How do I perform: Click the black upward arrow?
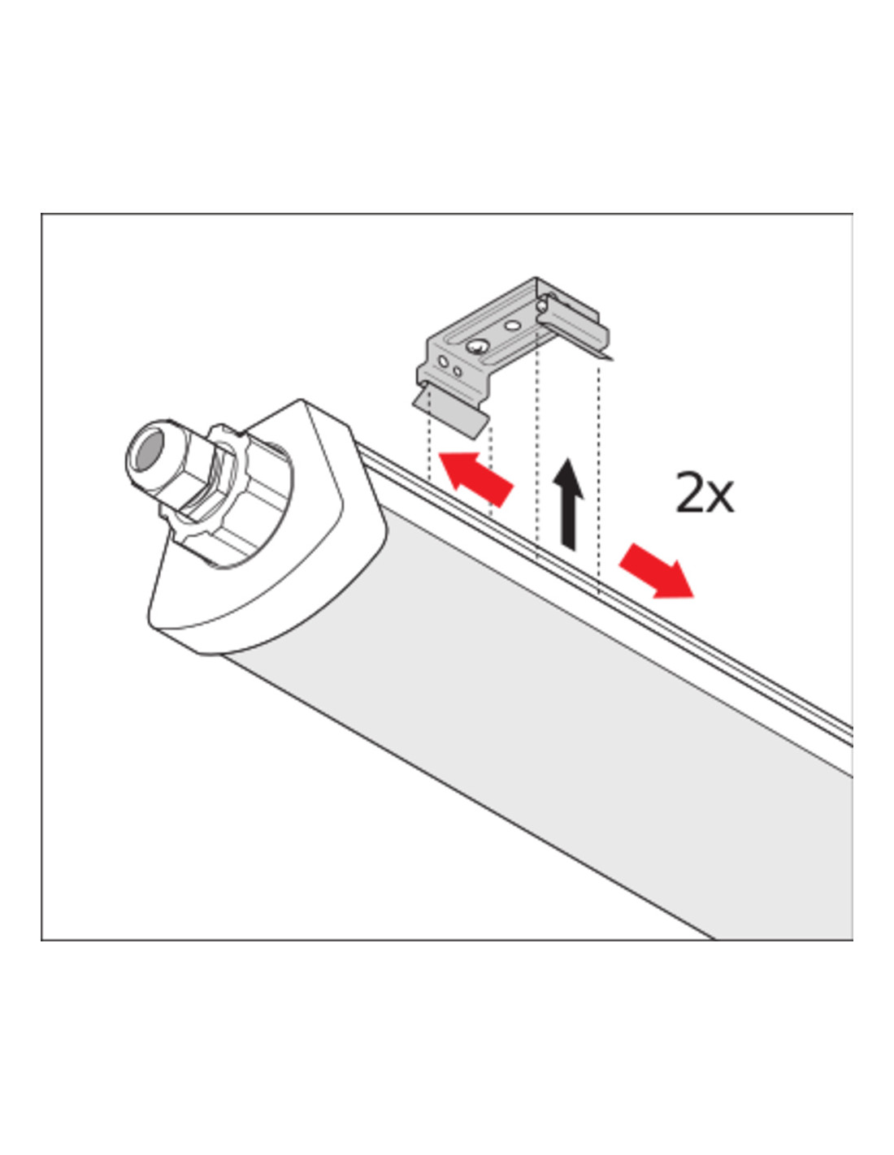[568, 505]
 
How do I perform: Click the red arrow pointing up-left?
[475, 478]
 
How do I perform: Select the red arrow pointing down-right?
[656, 571]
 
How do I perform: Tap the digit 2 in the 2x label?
[689, 491]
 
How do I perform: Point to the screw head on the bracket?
[476, 347]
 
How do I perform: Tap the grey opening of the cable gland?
[147, 450]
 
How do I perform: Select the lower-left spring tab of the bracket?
[450, 411]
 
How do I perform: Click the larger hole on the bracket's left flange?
[442, 361]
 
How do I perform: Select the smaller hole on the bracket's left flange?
[457, 370]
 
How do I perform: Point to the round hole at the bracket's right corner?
[541, 305]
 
